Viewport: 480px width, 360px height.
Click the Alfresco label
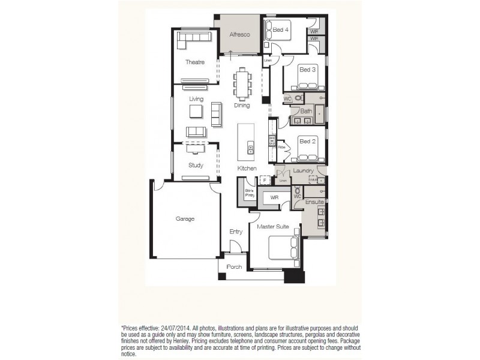[239, 34]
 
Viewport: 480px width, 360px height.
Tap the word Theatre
[194, 62]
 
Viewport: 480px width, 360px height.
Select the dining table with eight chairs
[243, 83]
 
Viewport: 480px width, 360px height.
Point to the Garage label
[185, 219]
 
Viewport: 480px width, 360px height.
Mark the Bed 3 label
[307, 70]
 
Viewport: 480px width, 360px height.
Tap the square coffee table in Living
[196, 112]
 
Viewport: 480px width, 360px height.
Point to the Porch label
[235, 267]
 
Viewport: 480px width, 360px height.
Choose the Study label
[196, 166]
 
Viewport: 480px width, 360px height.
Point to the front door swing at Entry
[236, 248]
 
